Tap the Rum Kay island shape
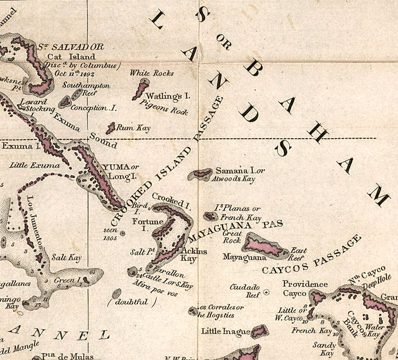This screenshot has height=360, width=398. coord(111,128)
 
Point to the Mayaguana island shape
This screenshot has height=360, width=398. coord(265,246)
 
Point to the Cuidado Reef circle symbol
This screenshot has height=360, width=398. coord(266,292)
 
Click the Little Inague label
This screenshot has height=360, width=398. coord(225,332)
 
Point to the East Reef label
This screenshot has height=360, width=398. coord(299,253)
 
